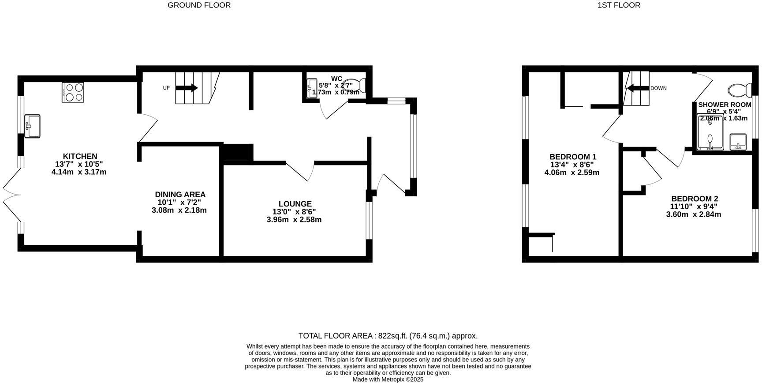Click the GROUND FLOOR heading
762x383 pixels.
[x=199, y=5]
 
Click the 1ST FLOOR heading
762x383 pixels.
[x=618, y=5]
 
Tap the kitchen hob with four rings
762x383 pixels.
[x=73, y=93]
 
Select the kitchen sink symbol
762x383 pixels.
[x=32, y=126]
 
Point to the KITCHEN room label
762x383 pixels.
[x=80, y=156]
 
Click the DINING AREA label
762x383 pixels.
[x=180, y=195]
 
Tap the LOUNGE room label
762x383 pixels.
[x=295, y=204]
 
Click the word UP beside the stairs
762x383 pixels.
[x=166, y=88]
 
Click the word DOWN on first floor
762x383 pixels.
[x=658, y=88]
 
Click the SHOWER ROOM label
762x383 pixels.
[x=725, y=105]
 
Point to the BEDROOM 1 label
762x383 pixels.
[x=572, y=157]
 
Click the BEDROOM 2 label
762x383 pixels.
[x=694, y=199]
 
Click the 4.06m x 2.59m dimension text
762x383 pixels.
[x=571, y=173]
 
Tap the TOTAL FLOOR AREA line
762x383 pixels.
[x=388, y=336]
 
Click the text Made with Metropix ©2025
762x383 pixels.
[x=388, y=379]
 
